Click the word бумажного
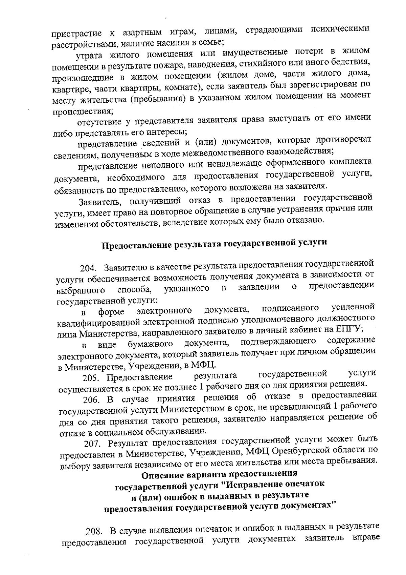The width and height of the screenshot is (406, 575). pyautogui.click(x=151, y=345)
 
